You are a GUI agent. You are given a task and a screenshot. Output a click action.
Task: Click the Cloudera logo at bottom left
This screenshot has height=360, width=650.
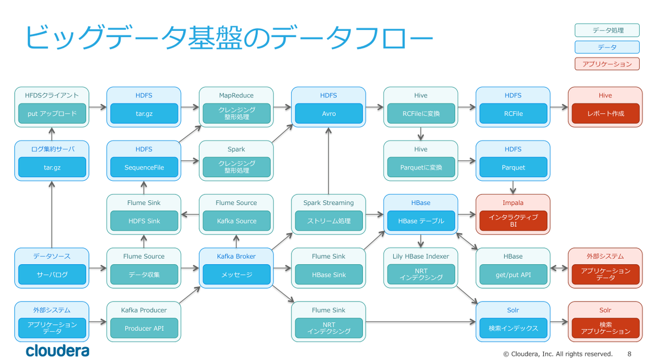57,350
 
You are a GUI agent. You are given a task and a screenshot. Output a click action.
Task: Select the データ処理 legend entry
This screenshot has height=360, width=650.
607,31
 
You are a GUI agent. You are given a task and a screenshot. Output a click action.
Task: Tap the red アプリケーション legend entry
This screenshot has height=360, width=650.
607,64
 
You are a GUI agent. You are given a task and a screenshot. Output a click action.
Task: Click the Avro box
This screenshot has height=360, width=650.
329,114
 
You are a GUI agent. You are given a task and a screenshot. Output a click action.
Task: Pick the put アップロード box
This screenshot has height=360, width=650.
52,114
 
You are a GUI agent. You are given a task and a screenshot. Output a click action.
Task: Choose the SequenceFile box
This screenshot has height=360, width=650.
144,167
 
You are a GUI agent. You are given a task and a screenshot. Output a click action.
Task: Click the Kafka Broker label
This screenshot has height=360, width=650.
236,256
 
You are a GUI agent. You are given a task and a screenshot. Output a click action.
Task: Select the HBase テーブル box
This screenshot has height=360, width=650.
421,221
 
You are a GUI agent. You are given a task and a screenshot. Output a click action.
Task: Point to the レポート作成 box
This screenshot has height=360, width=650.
605,114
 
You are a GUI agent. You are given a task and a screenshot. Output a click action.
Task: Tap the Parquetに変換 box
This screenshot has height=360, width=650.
421,167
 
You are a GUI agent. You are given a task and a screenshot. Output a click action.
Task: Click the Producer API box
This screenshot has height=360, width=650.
144,328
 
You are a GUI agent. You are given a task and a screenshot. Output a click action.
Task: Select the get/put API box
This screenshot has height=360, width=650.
513,274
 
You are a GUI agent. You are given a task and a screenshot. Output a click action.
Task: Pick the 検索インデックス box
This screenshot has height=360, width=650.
513,328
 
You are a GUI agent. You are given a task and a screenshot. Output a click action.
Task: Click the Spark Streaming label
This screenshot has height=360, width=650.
328,202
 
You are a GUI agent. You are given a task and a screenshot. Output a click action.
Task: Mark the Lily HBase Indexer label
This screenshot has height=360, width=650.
421,256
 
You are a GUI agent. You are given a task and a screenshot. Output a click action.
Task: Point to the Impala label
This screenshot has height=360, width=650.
513,202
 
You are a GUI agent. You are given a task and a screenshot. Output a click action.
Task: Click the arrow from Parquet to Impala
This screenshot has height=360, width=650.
513,187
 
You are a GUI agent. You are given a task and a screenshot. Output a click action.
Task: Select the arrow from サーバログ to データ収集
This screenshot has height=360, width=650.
97,268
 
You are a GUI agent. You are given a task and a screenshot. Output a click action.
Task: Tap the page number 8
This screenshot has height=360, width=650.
629,354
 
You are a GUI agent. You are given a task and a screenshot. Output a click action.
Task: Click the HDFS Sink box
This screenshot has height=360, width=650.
144,221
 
